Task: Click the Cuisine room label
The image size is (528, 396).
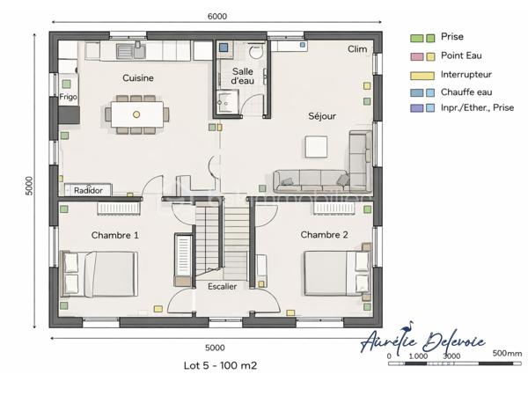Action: click(x=138, y=78)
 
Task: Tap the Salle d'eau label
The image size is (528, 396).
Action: click(x=244, y=76)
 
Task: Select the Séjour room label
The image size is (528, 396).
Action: click(x=321, y=116)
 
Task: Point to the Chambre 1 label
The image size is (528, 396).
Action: click(x=114, y=236)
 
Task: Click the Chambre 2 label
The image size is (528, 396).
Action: click(x=325, y=235)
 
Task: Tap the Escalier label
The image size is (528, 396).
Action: click(x=222, y=287)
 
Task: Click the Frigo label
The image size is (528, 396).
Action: click(x=69, y=98)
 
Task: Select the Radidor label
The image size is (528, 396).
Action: click(x=89, y=190)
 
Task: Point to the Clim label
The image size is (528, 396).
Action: click(x=357, y=49)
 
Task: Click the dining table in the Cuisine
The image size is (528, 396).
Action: click(x=137, y=114)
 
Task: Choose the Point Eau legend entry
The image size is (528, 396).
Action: click(x=459, y=55)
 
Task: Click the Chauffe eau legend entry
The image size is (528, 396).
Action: click(x=467, y=92)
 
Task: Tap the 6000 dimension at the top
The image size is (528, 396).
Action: click(x=217, y=16)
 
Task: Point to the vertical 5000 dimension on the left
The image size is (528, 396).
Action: click(x=29, y=186)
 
